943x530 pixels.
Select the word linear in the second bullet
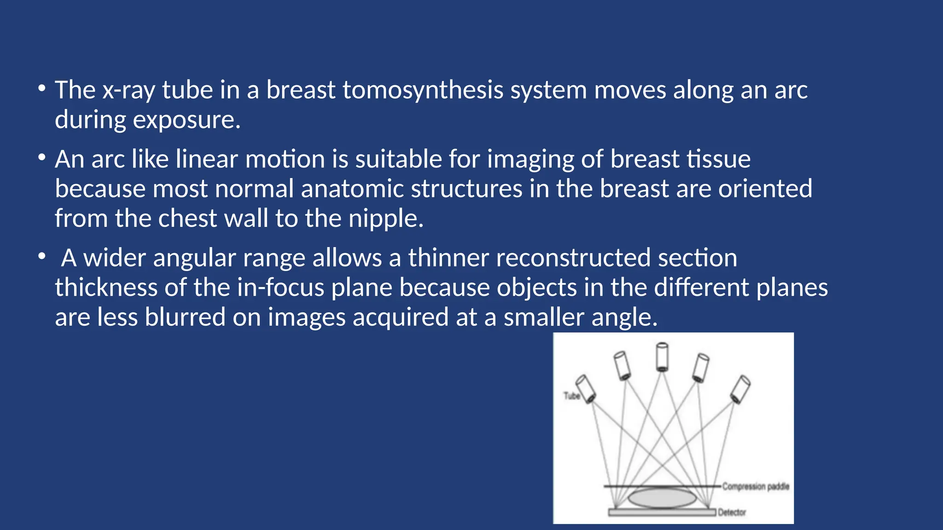(206, 160)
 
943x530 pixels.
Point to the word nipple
(385, 219)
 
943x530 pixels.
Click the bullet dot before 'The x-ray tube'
(42, 88)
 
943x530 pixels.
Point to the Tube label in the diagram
(571, 396)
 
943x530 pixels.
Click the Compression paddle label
(755, 486)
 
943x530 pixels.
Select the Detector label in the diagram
(732, 512)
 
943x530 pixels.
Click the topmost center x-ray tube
(662, 357)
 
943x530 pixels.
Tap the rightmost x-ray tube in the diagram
(740, 389)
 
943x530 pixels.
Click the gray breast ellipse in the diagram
(662, 498)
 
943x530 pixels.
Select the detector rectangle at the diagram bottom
(662, 512)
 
